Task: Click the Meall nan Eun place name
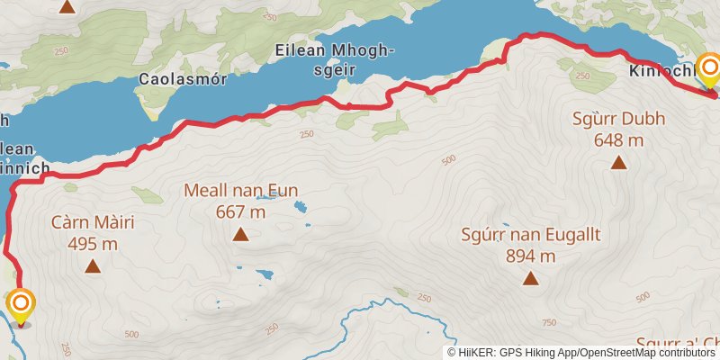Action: click(x=240, y=191)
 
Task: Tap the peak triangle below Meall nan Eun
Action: click(x=240, y=236)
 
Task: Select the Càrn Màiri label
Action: click(x=93, y=221)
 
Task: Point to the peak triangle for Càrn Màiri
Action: click(x=93, y=265)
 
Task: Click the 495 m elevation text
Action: click(x=93, y=243)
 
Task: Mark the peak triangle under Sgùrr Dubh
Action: click(x=618, y=162)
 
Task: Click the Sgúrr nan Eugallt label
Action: click(x=530, y=235)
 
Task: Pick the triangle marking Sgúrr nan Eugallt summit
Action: click(x=530, y=279)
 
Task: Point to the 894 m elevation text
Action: click(x=530, y=256)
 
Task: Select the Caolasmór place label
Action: click(x=175, y=79)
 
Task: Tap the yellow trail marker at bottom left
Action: click(x=21, y=305)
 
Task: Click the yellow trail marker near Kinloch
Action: click(x=709, y=70)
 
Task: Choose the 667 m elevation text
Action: click(x=240, y=212)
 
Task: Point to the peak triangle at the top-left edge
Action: click(x=66, y=6)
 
